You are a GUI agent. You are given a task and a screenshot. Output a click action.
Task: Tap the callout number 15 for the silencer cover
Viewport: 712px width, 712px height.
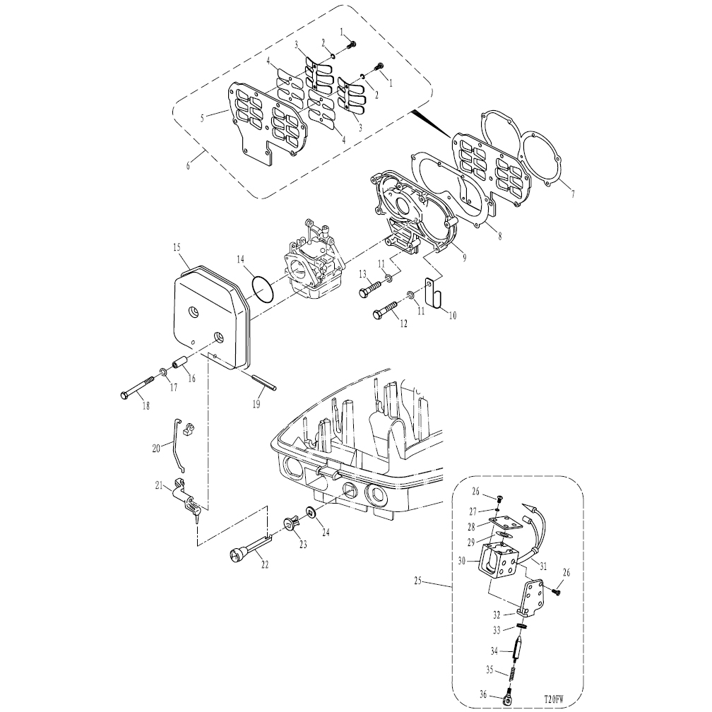[177, 247]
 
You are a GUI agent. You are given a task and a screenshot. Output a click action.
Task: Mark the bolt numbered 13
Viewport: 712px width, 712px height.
[373, 287]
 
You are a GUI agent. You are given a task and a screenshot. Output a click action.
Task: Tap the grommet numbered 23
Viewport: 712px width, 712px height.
[292, 523]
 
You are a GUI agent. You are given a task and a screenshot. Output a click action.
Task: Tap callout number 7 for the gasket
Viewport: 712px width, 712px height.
[573, 194]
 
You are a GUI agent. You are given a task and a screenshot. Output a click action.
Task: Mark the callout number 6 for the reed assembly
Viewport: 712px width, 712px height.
[188, 166]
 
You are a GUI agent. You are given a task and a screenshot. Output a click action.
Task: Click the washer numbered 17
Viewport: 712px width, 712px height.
[163, 373]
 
